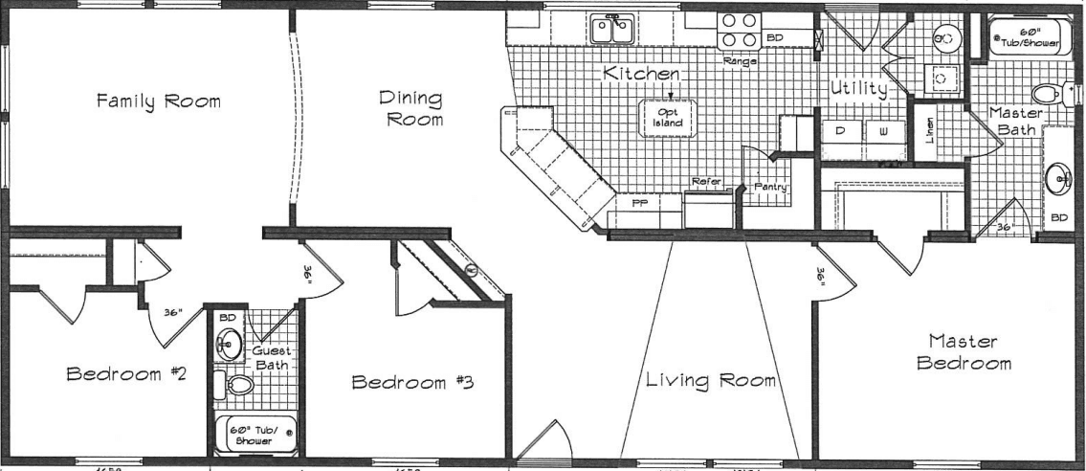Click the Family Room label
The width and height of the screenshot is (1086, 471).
(x=158, y=101)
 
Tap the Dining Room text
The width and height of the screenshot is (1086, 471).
(x=410, y=109)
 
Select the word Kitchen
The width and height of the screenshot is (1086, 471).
(x=641, y=74)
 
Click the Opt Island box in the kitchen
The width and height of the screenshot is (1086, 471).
(x=669, y=118)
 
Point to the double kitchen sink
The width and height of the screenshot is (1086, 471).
(x=613, y=30)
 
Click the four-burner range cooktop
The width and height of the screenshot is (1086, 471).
(x=739, y=30)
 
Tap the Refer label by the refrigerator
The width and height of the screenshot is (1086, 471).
(x=707, y=181)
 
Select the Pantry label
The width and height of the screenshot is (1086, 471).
(x=770, y=188)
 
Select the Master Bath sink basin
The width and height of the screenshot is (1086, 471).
(x=1058, y=177)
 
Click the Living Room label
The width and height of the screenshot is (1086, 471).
(x=709, y=380)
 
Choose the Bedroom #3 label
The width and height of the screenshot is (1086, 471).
(x=413, y=383)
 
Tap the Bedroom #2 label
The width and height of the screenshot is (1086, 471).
(x=125, y=374)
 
